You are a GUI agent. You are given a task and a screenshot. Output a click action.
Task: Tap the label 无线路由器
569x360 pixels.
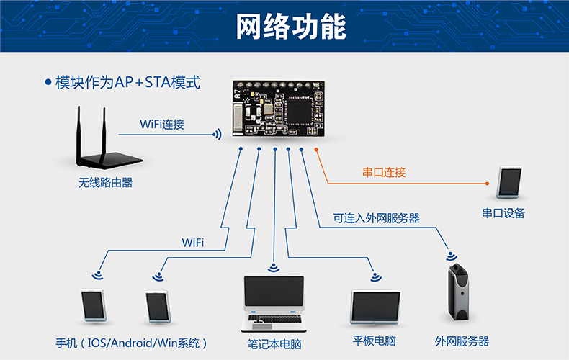click(x=106, y=183)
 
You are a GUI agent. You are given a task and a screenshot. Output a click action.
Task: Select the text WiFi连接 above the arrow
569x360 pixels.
click(x=162, y=124)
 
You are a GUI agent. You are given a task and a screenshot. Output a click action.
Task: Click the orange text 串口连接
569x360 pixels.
click(x=384, y=173)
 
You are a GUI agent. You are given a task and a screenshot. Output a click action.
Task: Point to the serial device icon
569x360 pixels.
click(x=508, y=183)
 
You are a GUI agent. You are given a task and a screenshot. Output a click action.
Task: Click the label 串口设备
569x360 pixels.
click(x=503, y=213)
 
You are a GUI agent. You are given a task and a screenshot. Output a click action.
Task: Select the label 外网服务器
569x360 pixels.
click(x=462, y=341)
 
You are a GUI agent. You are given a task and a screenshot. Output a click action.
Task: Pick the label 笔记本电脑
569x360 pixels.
click(x=274, y=344)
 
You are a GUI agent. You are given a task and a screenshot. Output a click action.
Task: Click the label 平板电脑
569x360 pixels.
click(x=375, y=341)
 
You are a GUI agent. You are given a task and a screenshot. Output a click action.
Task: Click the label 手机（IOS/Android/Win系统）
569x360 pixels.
click(x=131, y=343)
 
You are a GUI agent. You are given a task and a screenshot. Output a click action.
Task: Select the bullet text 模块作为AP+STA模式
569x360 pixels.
click(x=127, y=82)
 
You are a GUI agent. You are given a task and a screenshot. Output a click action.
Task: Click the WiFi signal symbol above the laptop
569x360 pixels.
click(x=273, y=269)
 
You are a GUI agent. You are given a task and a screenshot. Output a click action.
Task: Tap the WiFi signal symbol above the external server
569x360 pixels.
click(x=452, y=255)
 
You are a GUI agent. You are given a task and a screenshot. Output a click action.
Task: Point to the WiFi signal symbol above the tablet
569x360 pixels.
click(x=374, y=277)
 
